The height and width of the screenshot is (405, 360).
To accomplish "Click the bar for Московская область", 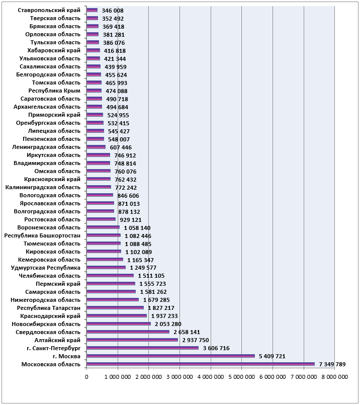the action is (201, 364).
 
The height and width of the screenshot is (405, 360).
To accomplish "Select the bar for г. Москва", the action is (170, 356).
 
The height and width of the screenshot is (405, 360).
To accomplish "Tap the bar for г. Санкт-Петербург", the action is (142, 348).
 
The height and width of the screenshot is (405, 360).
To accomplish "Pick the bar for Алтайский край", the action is (132, 340).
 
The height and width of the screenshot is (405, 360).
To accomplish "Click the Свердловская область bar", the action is (128, 332).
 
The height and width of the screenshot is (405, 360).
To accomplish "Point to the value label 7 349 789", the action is (332, 364).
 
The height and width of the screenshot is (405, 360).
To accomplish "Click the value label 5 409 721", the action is (272, 356).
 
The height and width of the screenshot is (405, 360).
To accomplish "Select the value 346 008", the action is (113, 11).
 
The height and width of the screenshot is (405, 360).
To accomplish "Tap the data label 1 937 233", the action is (164, 316).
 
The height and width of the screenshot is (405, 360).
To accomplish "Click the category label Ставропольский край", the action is (49, 11).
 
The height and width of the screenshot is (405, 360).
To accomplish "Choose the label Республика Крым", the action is (54, 91).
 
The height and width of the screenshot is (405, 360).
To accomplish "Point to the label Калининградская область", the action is (43, 187).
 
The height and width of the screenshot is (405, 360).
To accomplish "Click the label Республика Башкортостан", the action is (42, 235).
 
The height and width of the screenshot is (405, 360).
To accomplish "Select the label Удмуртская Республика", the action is (46, 268).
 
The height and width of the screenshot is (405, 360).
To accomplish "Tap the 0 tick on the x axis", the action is (86, 377).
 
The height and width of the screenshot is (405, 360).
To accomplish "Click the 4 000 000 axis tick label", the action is (211, 377).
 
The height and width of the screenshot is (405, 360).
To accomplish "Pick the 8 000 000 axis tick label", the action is (335, 377).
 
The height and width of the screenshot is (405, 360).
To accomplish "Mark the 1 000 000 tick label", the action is (118, 377).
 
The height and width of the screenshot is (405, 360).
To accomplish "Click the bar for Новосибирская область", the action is (119, 324).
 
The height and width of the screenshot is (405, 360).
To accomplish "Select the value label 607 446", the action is (121, 147).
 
